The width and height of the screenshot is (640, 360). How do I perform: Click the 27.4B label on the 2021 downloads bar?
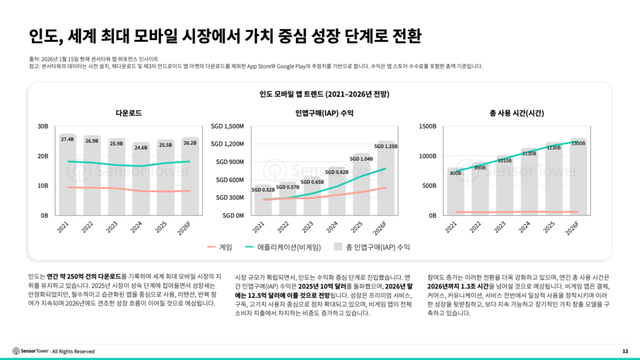tap(68, 139)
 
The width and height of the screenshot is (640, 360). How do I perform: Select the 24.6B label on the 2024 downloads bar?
tap(141, 147)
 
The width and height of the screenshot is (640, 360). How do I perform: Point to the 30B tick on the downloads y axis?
tap(42, 127)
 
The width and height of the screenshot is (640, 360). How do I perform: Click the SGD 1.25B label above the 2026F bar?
tap(387, 146)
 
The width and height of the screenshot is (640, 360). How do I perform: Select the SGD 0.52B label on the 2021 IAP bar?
tap(264, 188)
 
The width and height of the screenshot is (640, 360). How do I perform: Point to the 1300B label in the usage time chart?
tap(578, 144)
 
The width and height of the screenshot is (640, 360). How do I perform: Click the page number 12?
tap(624, 350)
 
